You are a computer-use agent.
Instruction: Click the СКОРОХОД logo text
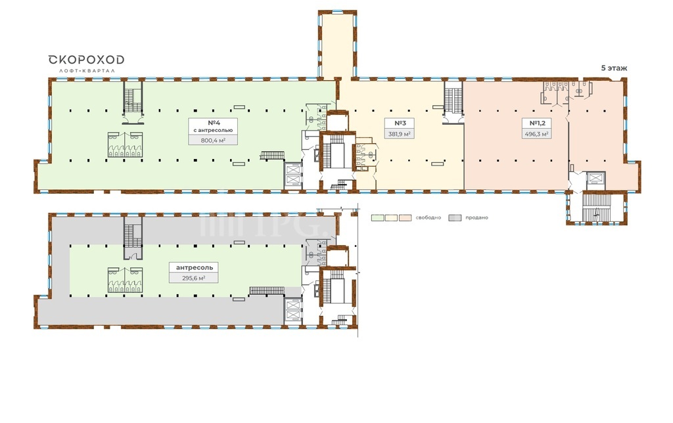86,59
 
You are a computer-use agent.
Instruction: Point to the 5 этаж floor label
614,68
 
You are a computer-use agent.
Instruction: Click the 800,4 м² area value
214,140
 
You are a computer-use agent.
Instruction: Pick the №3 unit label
400,123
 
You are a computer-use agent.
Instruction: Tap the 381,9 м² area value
400,134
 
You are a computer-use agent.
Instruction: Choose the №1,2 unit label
537,123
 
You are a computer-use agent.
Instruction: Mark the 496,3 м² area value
536,134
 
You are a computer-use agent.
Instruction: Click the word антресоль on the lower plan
194,267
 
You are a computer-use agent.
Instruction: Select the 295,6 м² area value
194,278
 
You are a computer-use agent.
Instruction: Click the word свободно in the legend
428,217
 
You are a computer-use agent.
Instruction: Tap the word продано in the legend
476,217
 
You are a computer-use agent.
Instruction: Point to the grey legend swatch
455,217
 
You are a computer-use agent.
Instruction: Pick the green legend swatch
377,217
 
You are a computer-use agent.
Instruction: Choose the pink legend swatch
405,217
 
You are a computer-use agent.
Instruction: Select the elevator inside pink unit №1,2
595,177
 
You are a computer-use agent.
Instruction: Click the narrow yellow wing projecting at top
337,45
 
